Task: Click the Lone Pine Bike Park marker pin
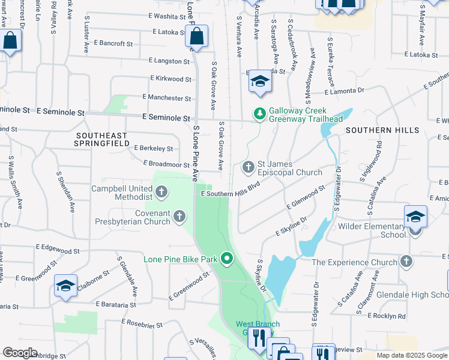pyautogui.click(x=227, y=259)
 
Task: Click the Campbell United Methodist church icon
pyautogui.click(x=161, y=193)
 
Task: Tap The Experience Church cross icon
pyautogui.click(x=406, y=262)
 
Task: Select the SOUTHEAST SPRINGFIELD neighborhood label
pyautogui.click(x=101, y=139)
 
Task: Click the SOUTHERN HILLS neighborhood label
pyautogui.click(x=382, y=130)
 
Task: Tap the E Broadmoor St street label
pyautogui.click(x=167, y=164)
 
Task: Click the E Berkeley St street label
pyautogui.click(x=154, y=148)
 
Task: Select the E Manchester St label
pyautogui.click(x=167, y=97)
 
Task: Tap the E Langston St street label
pyautogui.click(x=169, y=61)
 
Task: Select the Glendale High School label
pyautogui.click(x=412, y=295)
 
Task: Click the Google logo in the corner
pyautogui.click(x=19, y=353)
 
